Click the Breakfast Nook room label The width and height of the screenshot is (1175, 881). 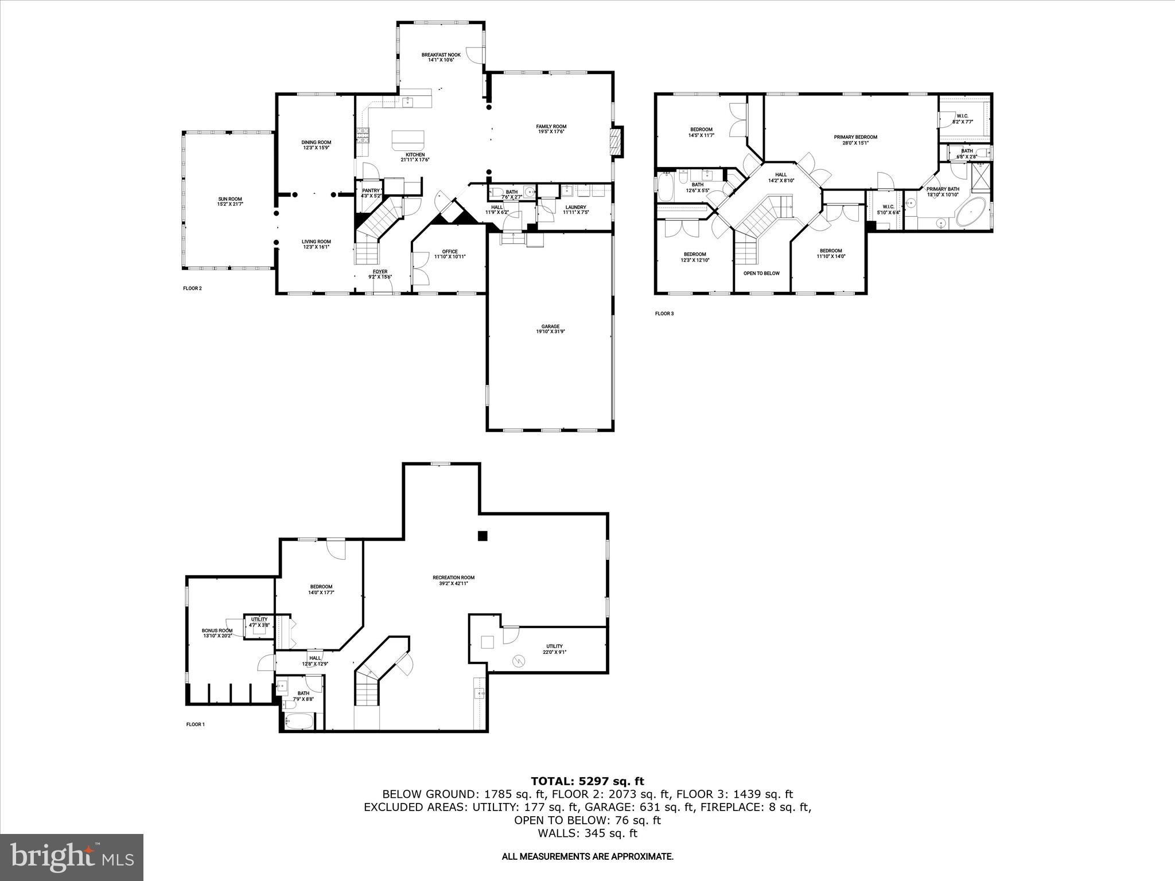pos(441,55)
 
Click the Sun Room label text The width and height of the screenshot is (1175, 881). pos(229,199)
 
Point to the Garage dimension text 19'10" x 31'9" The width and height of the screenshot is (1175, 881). pos(550,332)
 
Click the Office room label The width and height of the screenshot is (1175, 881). pos(450,251)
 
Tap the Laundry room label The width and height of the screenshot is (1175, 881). pos(575,207)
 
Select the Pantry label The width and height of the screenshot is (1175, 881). pos(371,190)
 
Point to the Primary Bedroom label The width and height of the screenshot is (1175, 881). pos(855,137)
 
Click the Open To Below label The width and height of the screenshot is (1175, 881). pos(761,273)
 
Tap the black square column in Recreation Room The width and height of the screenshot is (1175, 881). pos(483,536)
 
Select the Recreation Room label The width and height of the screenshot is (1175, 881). pos(453,578)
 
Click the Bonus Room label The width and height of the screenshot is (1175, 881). pos(217,630)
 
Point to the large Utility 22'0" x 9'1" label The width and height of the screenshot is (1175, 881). pos(554,646)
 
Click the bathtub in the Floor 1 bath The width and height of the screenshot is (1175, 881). pos(299,722)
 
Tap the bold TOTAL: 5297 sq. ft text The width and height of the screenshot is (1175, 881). pos(587,781)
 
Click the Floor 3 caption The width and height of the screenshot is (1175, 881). pos(664,314)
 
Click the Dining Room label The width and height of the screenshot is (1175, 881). pos(316,142)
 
